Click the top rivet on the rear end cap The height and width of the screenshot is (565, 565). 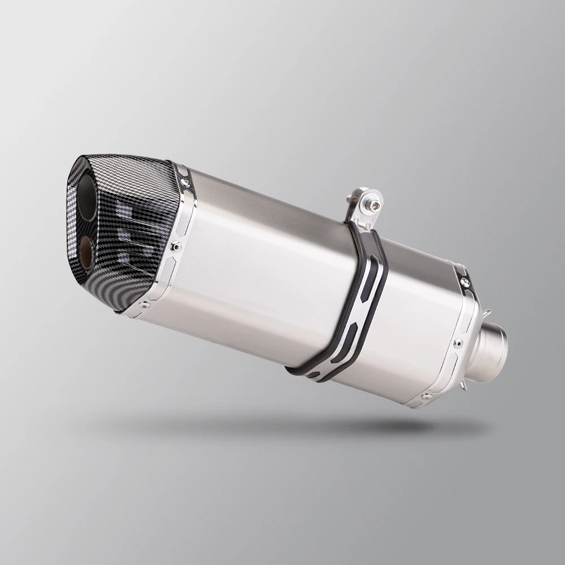click(x=464, y=281)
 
